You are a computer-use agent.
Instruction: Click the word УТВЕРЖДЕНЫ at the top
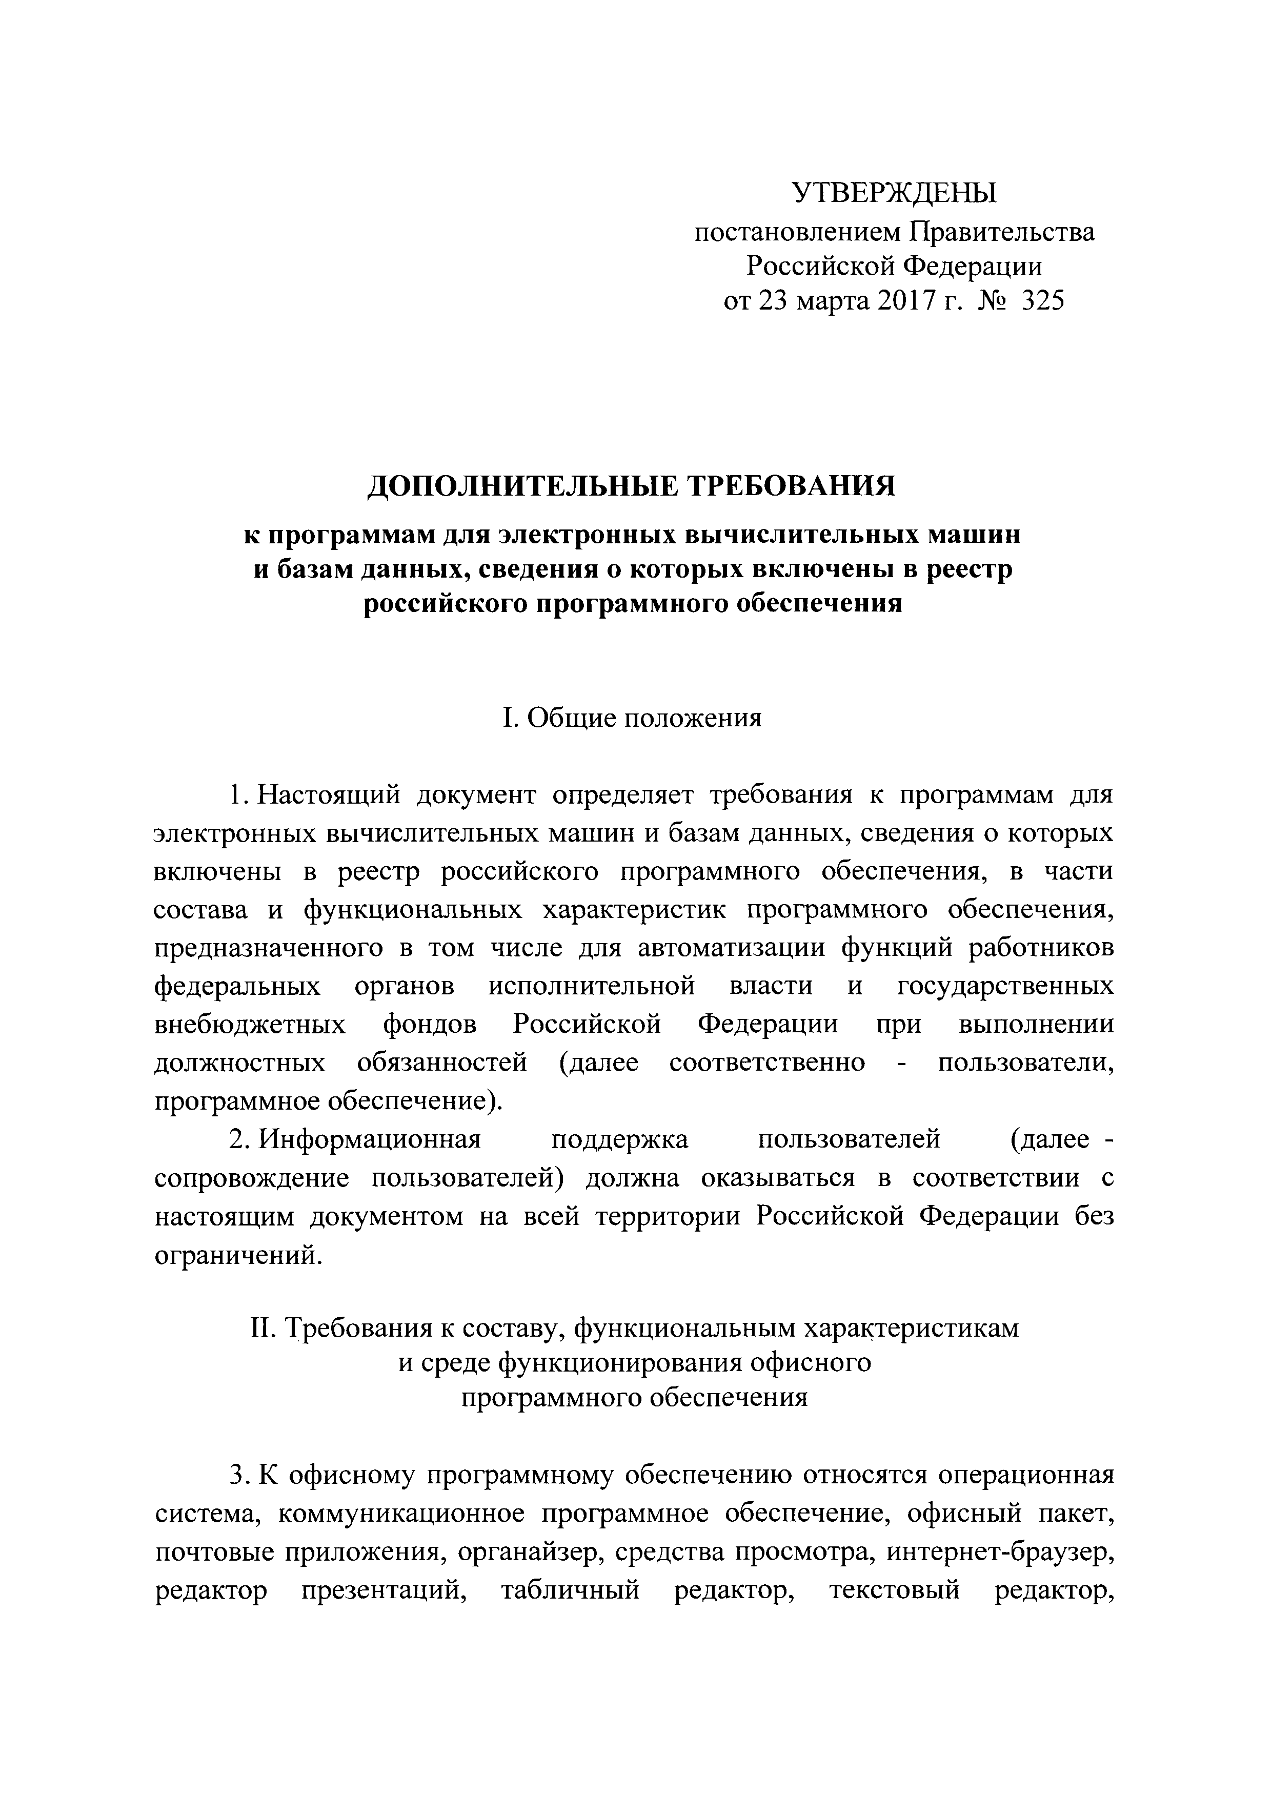click(x=894, y=192)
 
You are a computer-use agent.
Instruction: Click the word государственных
click(x=1005, y=987)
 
